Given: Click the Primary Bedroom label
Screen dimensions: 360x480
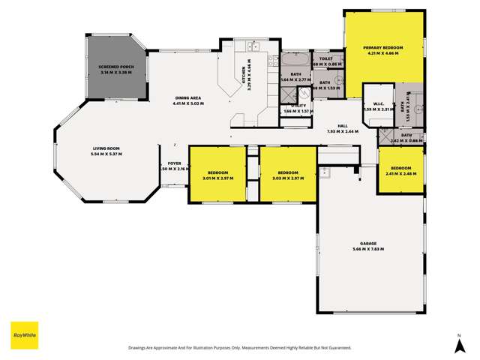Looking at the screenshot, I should pos(383,48).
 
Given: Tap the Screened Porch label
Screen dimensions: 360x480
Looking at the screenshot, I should pos(115,67).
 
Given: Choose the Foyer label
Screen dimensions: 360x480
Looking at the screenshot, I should pos(174,163).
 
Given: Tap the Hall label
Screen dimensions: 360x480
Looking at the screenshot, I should pos(342,126).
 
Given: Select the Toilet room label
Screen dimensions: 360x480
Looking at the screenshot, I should pos(325,58).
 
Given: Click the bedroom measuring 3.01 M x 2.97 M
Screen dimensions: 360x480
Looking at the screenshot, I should pos(217,173).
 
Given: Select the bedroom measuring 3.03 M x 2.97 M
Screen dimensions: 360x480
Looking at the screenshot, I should pos(288,173).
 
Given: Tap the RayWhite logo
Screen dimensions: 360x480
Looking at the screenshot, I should pos(24,334).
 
